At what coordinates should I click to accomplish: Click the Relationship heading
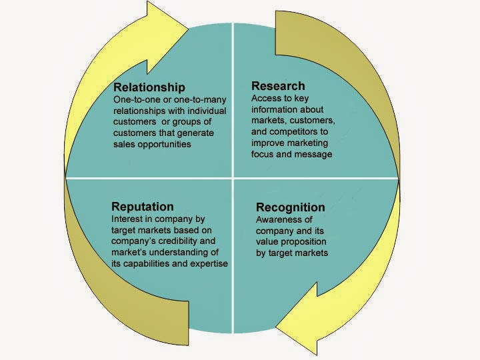click(149, 87)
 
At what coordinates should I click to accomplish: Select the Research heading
click(278, 85)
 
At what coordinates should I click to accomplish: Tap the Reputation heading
click(143, 207)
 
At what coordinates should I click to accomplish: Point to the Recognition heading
click(291, 207)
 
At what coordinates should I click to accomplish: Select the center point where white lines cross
click(232, 179)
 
